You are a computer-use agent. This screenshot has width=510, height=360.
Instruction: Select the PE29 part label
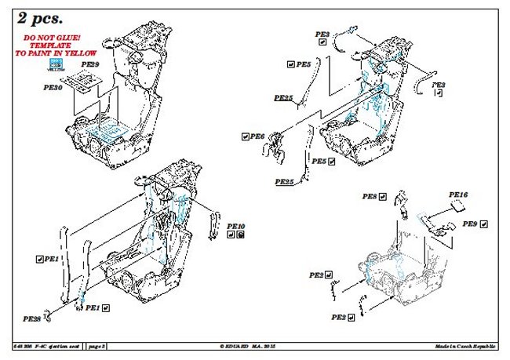pos(90,64)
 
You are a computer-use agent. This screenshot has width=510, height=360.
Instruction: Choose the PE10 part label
pos(236,227)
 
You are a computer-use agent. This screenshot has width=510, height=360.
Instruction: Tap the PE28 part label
pos(31,320)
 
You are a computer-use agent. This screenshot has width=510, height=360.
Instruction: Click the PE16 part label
pos(458,194)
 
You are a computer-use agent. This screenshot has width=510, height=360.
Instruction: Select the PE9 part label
pos(470,224)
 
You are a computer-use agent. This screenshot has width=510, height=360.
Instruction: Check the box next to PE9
pos(487,224)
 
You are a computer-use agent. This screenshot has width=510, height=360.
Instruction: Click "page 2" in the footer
pos(97,345)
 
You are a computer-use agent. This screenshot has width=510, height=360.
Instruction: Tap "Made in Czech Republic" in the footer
pos(466,345)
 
